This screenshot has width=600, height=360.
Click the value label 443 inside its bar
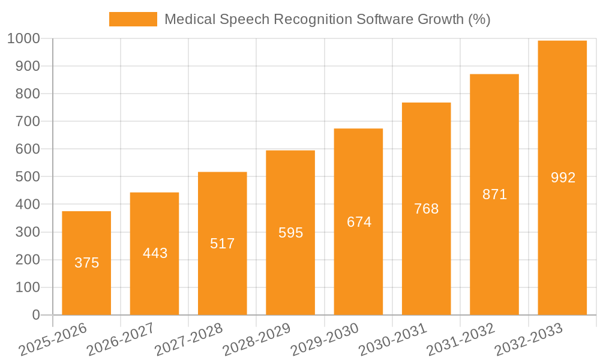click(x=155, y=253)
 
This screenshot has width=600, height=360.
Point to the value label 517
click(x=223, y=244)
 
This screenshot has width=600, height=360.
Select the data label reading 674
click(x=359, y=222)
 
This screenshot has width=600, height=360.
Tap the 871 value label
click(x=494, y=194)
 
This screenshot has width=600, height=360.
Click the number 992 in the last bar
click(x=563, y=178)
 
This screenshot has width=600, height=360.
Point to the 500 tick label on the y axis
click(x=28, y=177)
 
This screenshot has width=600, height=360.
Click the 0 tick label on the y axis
click(x=36, y=315)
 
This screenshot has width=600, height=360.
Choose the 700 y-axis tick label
click(x=28, y=121)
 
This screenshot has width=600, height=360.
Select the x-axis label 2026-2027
click(x=120, y=340)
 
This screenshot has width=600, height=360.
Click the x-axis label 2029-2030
click(x=324, y=340)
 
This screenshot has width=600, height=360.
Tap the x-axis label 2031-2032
click(x=460, y=340)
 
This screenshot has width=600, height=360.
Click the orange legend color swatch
click(x=133, y=19)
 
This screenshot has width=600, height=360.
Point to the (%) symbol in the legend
click(x=479, y=19)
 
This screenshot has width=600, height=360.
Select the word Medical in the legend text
click(x=187, y=19)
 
